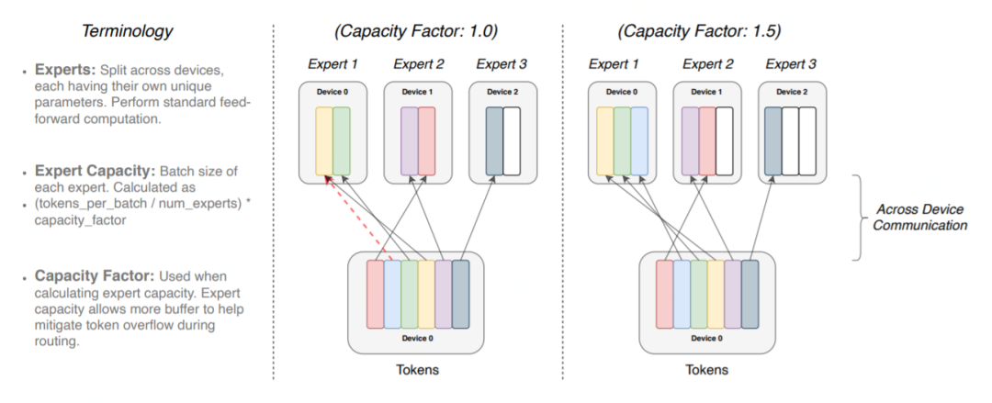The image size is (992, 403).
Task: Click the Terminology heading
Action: coord(128,30)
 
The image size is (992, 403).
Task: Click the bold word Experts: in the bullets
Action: coord(64,69)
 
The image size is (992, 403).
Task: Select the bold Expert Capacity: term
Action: coord(95,172)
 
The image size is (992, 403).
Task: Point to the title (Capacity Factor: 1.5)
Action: coord(699,30)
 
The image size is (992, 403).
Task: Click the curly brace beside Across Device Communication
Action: coord(862,216)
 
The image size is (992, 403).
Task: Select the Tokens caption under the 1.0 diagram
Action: coord(418,370)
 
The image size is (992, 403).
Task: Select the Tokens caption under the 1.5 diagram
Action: coord(706,370)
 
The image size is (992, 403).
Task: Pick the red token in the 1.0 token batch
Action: coord(375,294)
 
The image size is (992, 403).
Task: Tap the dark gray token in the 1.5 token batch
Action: coord(750,294)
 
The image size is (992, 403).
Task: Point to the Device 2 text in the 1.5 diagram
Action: coord(791,93)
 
